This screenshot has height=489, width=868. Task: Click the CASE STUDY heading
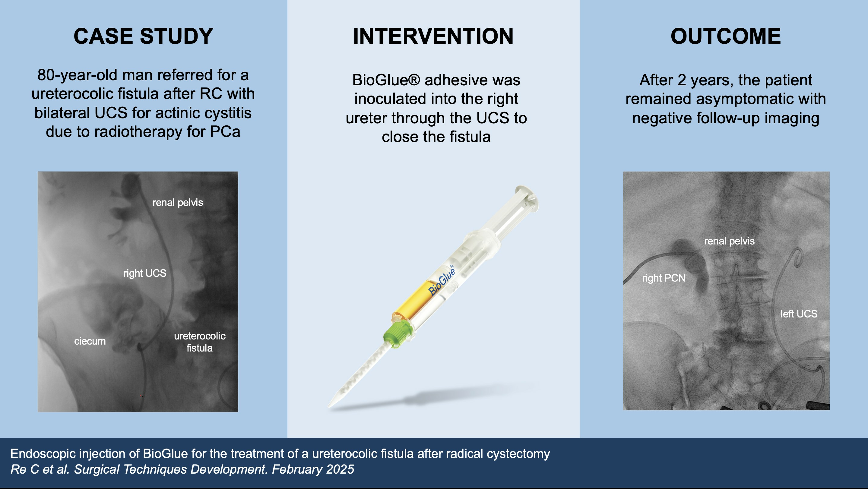tap(143, 36)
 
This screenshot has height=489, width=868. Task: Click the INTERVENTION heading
tap(433, 36)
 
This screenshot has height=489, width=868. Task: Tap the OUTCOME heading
tap(726, 36)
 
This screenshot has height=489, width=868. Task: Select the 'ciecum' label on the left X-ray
tap(90, 341)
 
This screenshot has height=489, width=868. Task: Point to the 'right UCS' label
tap(145, 273)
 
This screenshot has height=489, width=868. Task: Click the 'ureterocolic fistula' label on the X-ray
tap(200, 342)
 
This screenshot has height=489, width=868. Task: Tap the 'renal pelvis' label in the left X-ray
tap(178, 202)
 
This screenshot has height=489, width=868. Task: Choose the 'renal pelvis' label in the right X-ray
tap(730, 241)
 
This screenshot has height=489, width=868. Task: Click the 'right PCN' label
tap(664, 278)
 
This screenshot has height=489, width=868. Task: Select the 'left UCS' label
tap(799, 314)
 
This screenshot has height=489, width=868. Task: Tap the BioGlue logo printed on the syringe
tap(442, 280)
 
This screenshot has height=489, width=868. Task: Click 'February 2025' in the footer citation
tap(313, 469)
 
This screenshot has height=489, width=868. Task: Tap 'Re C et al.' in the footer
tap(40, 469)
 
